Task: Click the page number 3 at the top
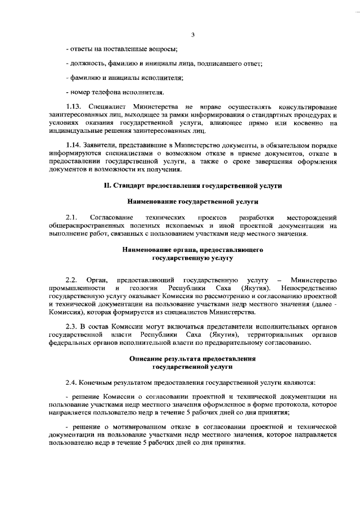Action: (x=192, y=35)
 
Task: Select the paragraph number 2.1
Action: (x=71, y=217)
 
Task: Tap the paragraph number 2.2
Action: (x=71, y=280)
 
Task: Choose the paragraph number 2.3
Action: (x=71, y=326)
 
